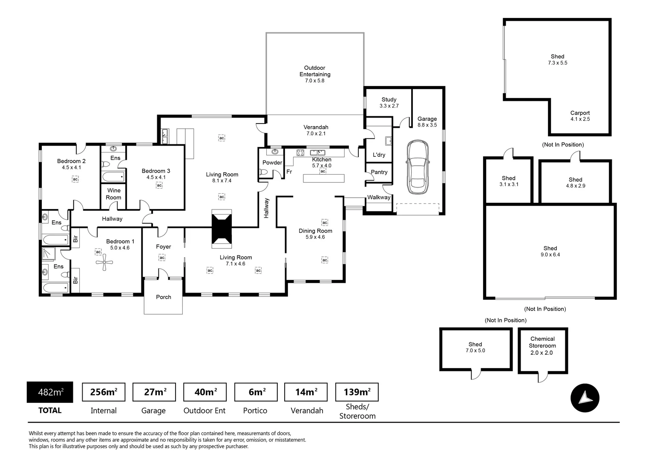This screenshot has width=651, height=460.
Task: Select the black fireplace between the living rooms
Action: tap(222, 229)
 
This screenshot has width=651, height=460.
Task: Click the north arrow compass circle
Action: tap(585, 398)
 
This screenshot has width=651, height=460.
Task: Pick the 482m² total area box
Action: tap(50, 392)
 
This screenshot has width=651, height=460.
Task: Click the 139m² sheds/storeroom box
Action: tap(357, 392)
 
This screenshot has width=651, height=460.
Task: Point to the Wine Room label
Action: tap(113, 194)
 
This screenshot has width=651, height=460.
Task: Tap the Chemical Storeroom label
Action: tap(542, 345)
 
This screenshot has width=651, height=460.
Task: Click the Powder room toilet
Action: tap(264, 172)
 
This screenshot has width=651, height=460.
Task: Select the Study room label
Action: tap(389, 102)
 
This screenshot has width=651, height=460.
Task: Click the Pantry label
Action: tap(379, 172)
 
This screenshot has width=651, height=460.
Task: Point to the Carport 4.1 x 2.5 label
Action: tap(580, 116)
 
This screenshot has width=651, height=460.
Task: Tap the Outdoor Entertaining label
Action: tap(315, 74)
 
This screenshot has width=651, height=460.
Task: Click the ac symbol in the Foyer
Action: tap(162, 258)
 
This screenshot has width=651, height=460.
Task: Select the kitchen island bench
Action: tap(323, 178)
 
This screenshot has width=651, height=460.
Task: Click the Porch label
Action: tap(163, 297)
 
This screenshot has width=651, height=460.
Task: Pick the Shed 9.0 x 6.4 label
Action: tap(550, 251)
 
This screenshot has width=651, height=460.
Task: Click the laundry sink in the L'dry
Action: tap(388, 141)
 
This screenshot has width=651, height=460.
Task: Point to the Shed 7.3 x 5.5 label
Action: tap(557, 59)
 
